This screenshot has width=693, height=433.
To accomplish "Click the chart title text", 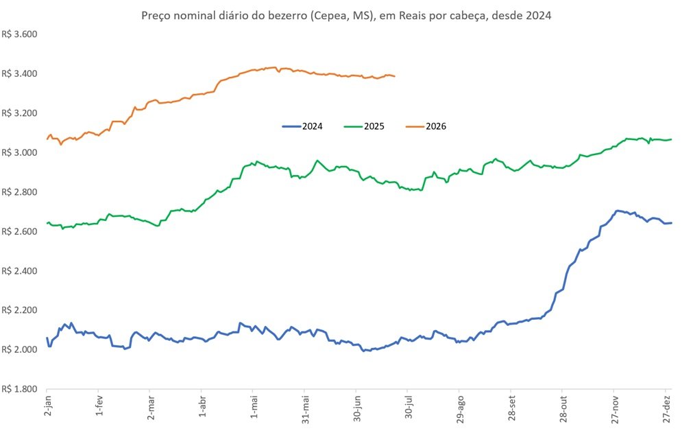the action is pos(346,16).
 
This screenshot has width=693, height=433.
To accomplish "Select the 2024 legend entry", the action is pos(302,126).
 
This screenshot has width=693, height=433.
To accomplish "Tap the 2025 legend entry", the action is pos(364,126).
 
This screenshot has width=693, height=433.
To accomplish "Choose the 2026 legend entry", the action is pos(426,126).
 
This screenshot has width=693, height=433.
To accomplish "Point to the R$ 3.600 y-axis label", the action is pos(19,34).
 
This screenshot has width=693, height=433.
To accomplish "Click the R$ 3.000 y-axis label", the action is pos(19,152).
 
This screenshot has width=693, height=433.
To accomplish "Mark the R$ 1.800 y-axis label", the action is pos(19,389).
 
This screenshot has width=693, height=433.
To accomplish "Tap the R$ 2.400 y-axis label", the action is pos(19,270).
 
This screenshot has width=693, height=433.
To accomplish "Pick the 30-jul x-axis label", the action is pos(409,408).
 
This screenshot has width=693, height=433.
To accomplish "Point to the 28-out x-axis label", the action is pos(563,408).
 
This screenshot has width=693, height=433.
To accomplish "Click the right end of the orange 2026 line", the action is pos(394,77).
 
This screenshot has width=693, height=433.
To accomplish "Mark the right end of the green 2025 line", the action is pos(671,139).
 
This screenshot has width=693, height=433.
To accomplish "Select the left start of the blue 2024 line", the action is pos(47,338).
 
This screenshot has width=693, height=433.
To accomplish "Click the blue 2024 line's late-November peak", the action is pos(617,211).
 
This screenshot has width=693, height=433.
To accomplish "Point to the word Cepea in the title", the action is pos(328,16).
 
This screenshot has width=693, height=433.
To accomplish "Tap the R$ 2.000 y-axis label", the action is pos(19,350).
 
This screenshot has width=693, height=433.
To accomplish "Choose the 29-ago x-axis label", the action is pos(460,408).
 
